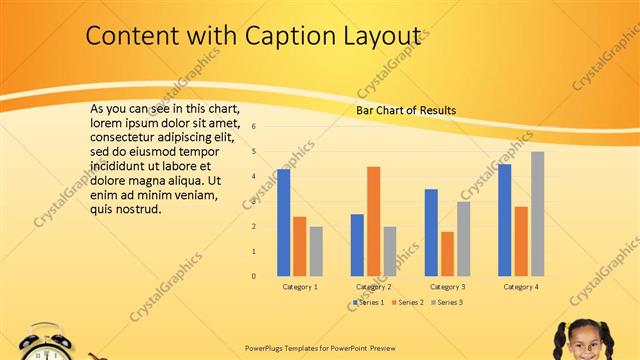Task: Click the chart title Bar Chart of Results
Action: pyautogui.click(x=406, y=110)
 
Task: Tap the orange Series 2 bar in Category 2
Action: pyautogui.click(x=373, y=221)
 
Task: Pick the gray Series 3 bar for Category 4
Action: pyautogui.click(x=537, y=213)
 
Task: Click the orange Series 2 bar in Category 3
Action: pyautogui.click(x=447, y=253)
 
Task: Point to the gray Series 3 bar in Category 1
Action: pyautogui.click(x=316, y=251)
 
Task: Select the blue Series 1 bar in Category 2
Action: pyautogui.click(x=357, y=245)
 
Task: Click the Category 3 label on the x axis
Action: pyautogui.click(x=446, y=287)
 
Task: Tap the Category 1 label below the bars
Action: pyautogui.click(x=300, y=287)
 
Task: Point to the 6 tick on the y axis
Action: pyautogui.click(x=255, y=127)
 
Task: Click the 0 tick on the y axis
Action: pyautogui.click(x=255, y=276)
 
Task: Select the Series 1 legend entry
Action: pyautogui.click(x=371, y=302)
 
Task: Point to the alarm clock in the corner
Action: pyautogui.click(x=46, y=343)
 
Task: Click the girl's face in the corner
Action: pyautogui.click(x=583, y=340)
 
